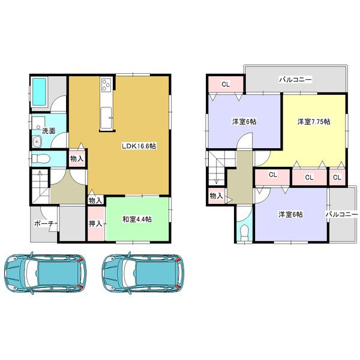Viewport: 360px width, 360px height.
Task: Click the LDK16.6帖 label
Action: coord(139,146)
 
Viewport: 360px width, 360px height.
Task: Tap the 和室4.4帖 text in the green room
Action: coord(137,220)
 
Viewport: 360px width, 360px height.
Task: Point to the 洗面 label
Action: coord(48,130)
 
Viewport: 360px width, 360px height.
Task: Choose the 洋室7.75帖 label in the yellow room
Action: coord(314,122)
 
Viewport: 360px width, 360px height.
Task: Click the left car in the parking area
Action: coord(44,272)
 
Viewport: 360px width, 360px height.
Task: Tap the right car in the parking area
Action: coord(143,272)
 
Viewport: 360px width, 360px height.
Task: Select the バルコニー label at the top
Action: coord(295,79)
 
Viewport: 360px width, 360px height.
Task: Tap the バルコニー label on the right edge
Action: coord(341,214)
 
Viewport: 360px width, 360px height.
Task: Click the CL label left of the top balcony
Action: coord(225,84)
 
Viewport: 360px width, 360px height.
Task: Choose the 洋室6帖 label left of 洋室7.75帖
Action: coord(244,122)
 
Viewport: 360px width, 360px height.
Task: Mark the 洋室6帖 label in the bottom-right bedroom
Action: coord(290,214)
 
